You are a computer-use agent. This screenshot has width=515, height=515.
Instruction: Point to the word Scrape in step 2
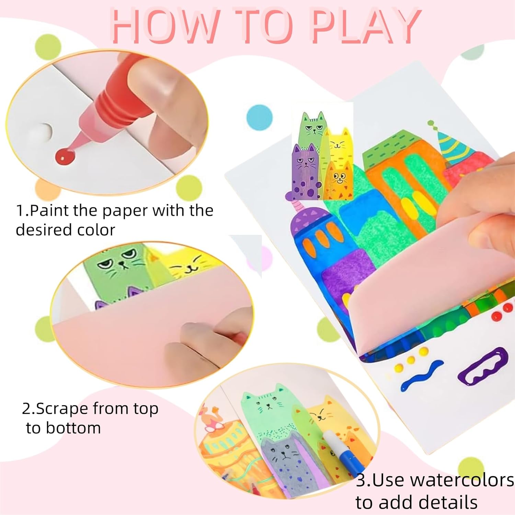[62, 409]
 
